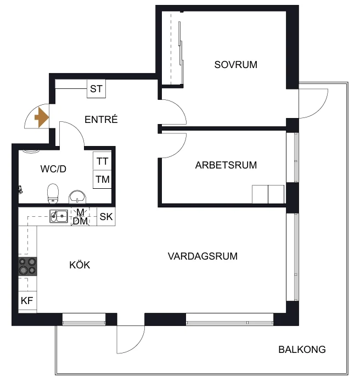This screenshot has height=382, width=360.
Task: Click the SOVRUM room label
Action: pos(235,65)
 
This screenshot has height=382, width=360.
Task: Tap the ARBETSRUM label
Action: pos(226,165)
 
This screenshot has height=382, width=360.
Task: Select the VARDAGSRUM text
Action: pos(203,256)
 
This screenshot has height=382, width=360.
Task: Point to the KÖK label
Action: pos(80,265)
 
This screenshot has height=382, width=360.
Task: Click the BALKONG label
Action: pos(302,350)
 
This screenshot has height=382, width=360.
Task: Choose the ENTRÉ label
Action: pos(101,120)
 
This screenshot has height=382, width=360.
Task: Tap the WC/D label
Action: pos(53,169)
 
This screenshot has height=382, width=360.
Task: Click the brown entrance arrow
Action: pos(42,117)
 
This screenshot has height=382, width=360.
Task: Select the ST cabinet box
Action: pos(96,89)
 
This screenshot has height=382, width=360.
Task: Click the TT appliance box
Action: pos(102,161)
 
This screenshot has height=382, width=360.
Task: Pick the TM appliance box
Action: pos(102,179)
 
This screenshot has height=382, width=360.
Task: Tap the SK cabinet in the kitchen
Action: pos(106,217)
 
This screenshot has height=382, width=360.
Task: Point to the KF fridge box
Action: pos(27,301)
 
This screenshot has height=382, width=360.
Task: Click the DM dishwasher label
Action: pos(80,221)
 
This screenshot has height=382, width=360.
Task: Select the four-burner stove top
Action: pos(28,266)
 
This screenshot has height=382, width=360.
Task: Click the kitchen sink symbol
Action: pos(59,216)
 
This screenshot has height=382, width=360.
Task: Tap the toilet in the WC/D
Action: pos(53,193)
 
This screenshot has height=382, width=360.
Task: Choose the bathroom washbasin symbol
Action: pos(77,197)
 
